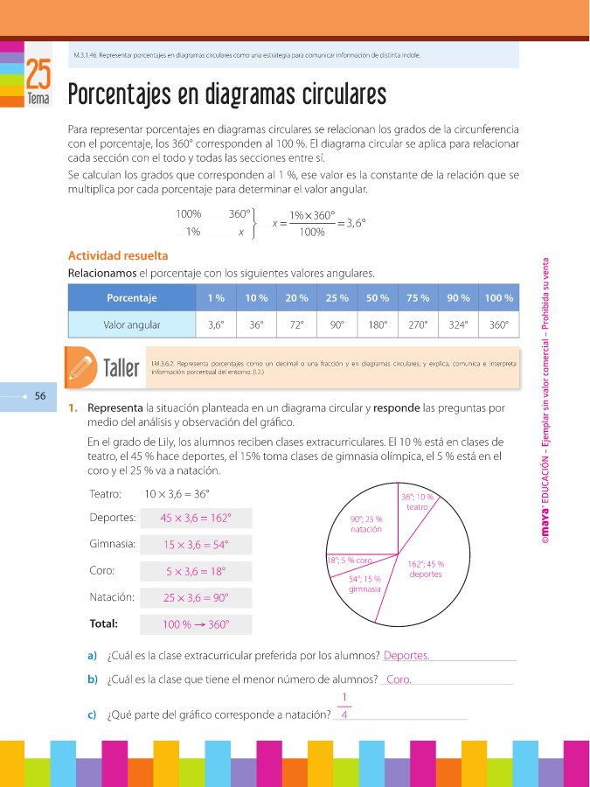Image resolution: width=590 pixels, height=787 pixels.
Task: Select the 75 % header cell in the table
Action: (x=418, y=298)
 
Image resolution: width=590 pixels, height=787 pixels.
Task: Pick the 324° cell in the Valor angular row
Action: (x=458, y=324)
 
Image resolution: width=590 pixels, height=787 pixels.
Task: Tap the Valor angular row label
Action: (x=131, y=324)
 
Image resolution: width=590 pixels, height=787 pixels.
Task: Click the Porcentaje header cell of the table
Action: (x=131, y=298)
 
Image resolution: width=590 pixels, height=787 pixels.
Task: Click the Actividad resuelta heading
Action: (x=118, y=256)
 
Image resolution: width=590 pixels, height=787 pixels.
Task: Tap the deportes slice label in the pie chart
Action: (x=425, y=569)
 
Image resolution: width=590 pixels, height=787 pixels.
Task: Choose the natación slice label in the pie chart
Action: (x=366, y=525)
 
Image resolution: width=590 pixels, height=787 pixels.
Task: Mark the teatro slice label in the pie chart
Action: (x=417, y=502)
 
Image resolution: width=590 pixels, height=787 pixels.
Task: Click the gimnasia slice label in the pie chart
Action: (x=364, y=583)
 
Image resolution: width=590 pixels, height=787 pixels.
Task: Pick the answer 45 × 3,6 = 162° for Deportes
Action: (x=196, y=518)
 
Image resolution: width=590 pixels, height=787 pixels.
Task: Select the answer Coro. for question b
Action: (x=399, y=679)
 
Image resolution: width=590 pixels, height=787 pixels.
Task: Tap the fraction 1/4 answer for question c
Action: (x=344, y=707)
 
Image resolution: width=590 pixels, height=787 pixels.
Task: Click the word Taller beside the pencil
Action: (x=121, y=367)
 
